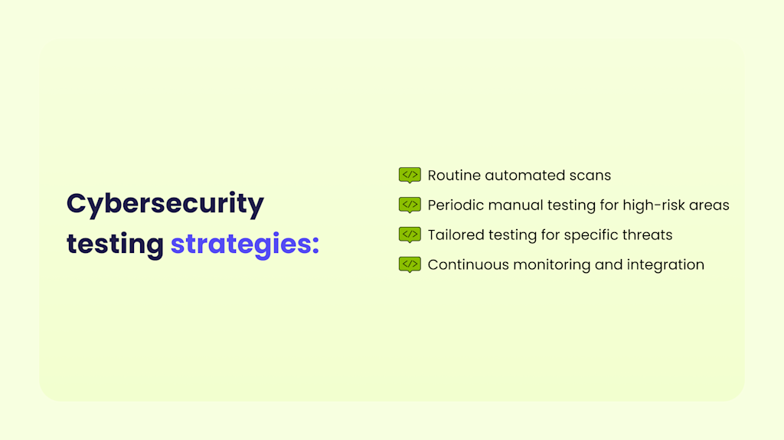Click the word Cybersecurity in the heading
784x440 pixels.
pos(165,205)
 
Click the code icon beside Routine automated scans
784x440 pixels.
pos(410,176)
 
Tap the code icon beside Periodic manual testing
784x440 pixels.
pos(410,205)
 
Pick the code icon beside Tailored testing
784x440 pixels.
pos(410,235)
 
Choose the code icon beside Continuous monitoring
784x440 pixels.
pos(410,264)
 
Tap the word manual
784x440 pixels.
pos(514,205)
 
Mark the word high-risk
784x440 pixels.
pos(652,205)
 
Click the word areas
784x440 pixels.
pos(711,205)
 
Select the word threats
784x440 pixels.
pos(648,235)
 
